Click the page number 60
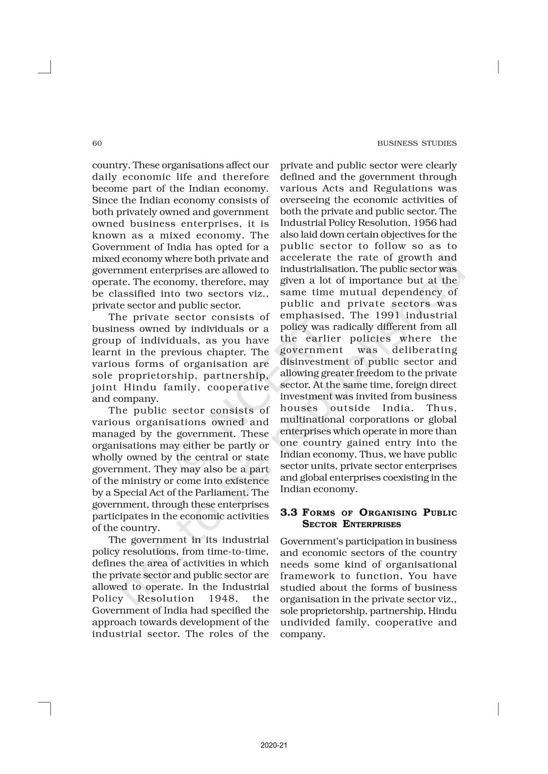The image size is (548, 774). (x=97, y=143)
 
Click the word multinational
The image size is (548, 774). (x=310, y=419)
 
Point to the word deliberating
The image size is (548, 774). (x=425, y=350)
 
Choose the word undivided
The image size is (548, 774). (x=305, y=623)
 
